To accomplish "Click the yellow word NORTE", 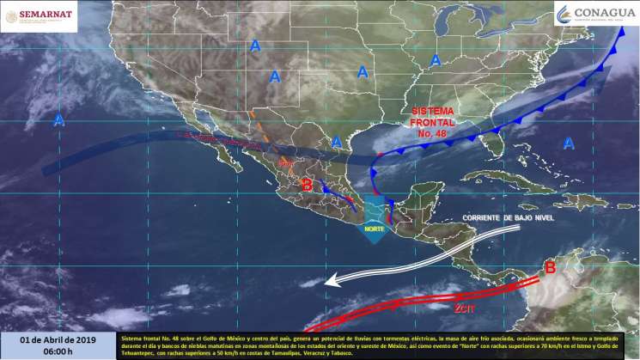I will click(x=374, y=229).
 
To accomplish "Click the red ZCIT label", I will click(x=464, y=307).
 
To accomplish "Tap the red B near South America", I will click(x=551, y=268).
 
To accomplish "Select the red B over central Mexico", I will click(x=307, y=184).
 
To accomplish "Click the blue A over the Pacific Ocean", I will click(x=59, y=120).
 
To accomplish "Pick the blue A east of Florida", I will click(x=568, y=144).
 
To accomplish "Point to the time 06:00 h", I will click(x=58, y=351).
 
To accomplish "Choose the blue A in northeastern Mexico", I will click(x=338, y=140).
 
